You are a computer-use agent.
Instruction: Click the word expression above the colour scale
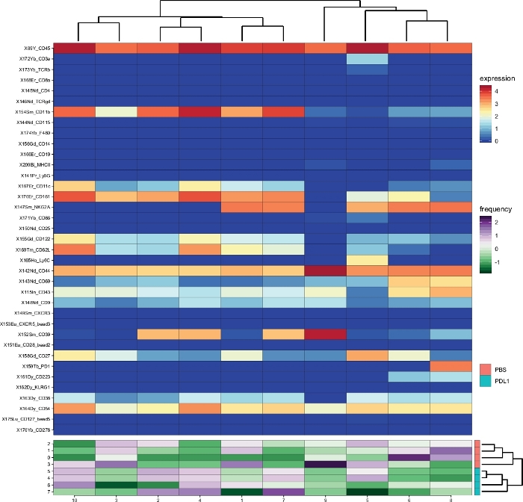(x=497, y=78)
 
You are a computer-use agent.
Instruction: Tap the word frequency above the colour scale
(x=496, y=211)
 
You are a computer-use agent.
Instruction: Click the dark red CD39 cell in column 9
(x=325, y=334)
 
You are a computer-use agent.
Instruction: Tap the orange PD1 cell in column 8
(x=451, y=366)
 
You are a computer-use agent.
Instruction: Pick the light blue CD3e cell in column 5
(x=367, y=58)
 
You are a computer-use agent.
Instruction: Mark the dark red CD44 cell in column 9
(x=325, y=270)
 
